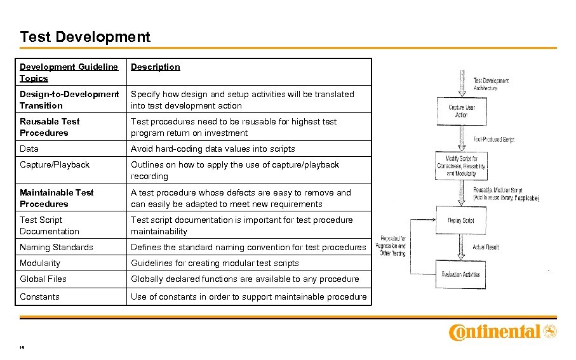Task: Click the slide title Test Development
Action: pyautogui.click(x=85, y=37)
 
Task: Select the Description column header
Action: pyautogui.click(x=156, y=67)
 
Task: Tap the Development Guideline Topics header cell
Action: pyautogui.click(x=69, y=72)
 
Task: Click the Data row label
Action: pyautogui.click(x=29, y=149)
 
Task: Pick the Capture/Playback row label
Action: pyautogui.click(x=55, y=164)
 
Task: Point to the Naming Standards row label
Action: pyautogui.click(x=57, y=247)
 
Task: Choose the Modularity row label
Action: pyautogui.click(x=40, y=263)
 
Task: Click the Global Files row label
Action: pyautogui.click(x=43, y=279)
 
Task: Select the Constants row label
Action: pyautogui.click(x=39, y=297)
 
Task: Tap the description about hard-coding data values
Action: pyautogui.click(x=213, y=149)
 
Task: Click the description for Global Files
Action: pyautogui.click(x=245, y=279)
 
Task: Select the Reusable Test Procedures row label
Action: pyautogui.click(x=50, y=127)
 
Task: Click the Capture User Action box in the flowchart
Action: pyautogui.click(x=461, y=111)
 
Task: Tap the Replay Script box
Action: pyautogui.click(x=461, y=220)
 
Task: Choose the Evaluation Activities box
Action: pyautogui.click(x=461, y=274)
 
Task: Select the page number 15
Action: pyautogui.click(x=22, y=348)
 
